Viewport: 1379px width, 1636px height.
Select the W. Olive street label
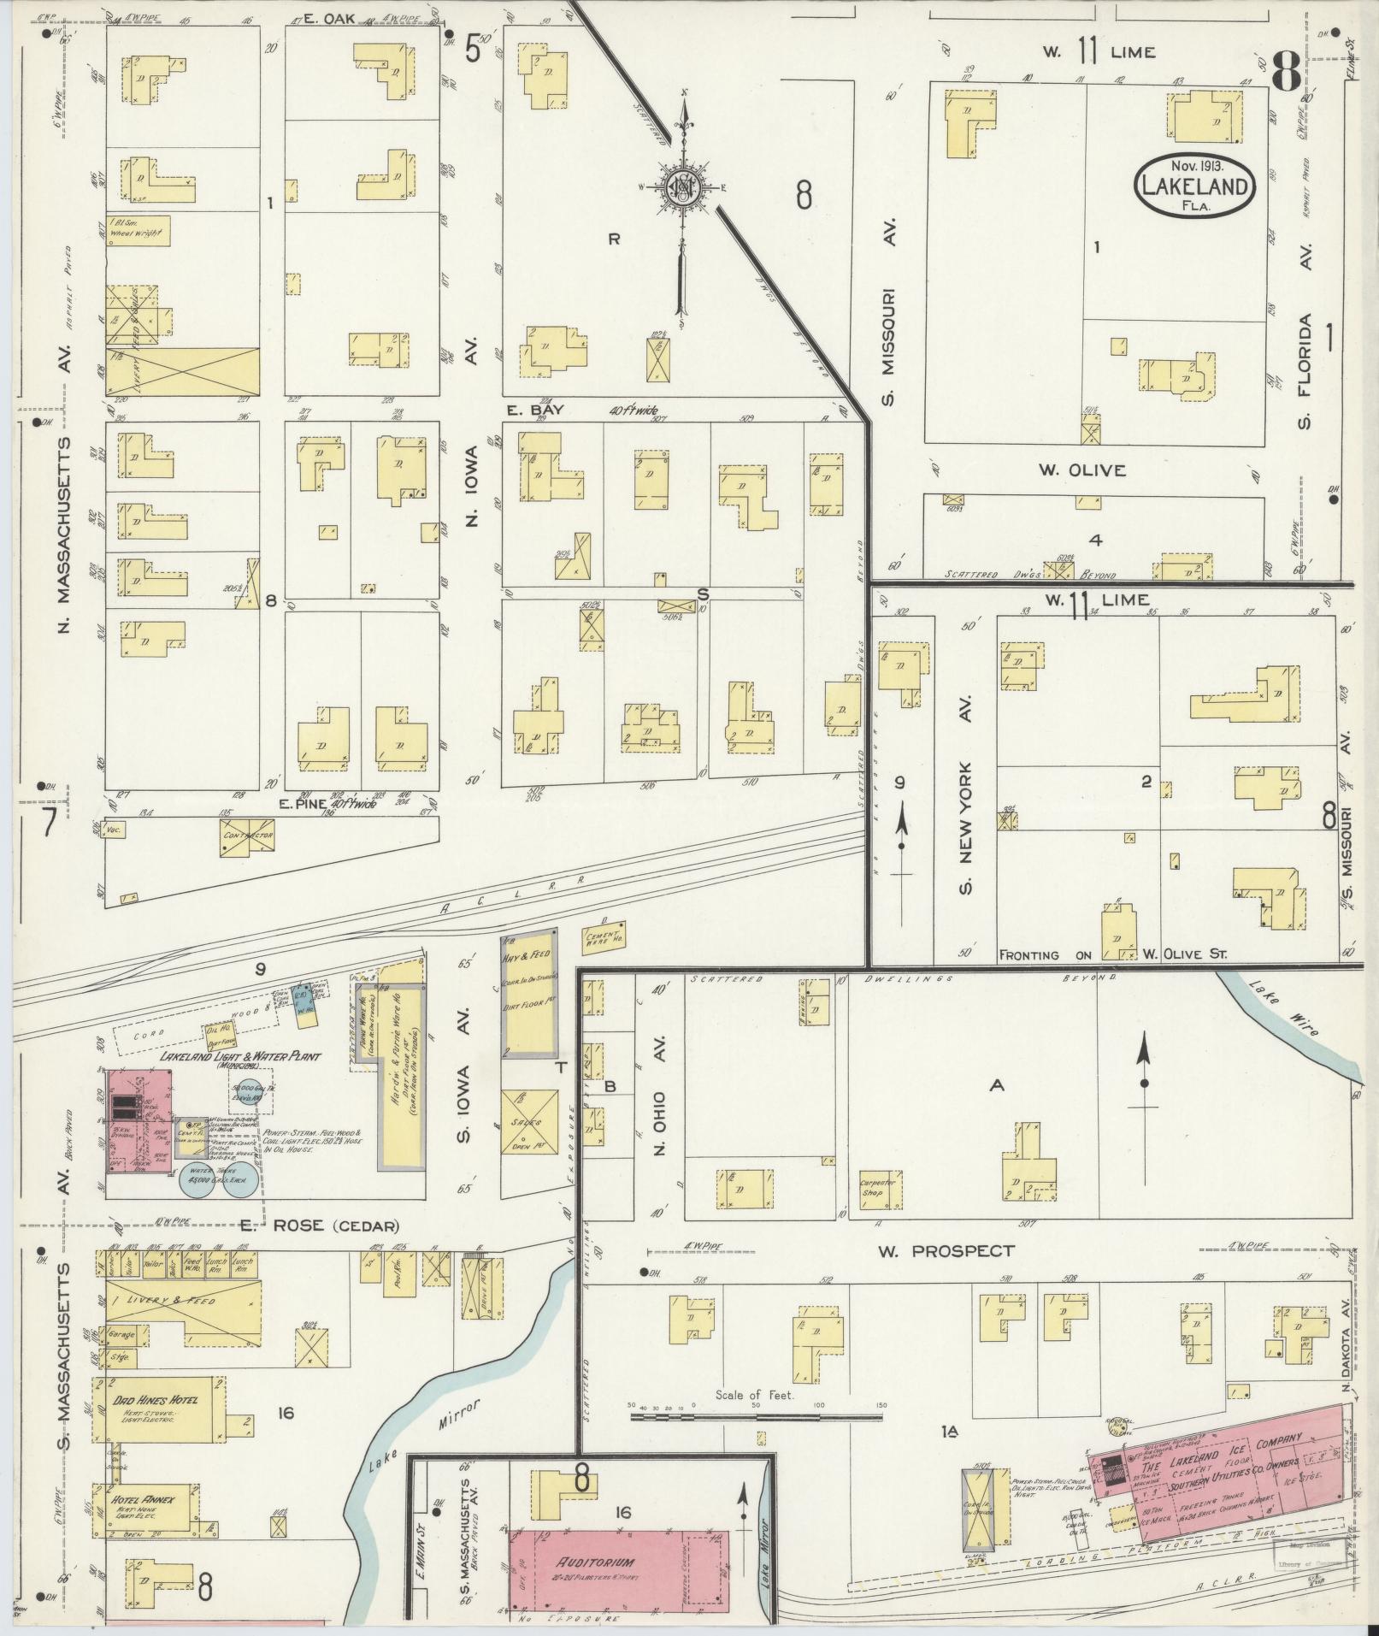(x=1082, y=470)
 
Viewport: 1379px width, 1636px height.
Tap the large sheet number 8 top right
(x=1284, y=69)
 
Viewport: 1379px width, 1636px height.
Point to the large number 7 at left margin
(x=48, y=823)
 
